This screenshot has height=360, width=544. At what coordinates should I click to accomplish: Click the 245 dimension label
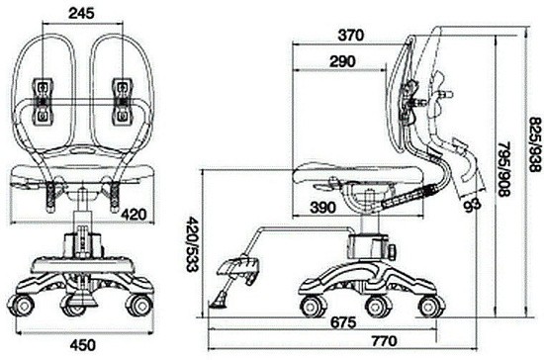point(81,13)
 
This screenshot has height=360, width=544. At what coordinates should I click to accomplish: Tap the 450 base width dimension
point(82,345)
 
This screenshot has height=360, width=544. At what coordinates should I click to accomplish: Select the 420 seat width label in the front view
point(134,215)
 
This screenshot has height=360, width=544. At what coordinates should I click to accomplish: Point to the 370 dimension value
point(351,35)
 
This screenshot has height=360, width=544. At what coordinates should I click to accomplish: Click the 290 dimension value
point(343,61)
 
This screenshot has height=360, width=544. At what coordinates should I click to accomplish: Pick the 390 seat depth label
point(323,208)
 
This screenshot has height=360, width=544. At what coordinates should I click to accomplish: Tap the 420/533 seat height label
point(192,244)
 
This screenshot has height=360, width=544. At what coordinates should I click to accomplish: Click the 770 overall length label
point(385,341)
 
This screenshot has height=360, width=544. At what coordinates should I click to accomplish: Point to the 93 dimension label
point(473,205)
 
